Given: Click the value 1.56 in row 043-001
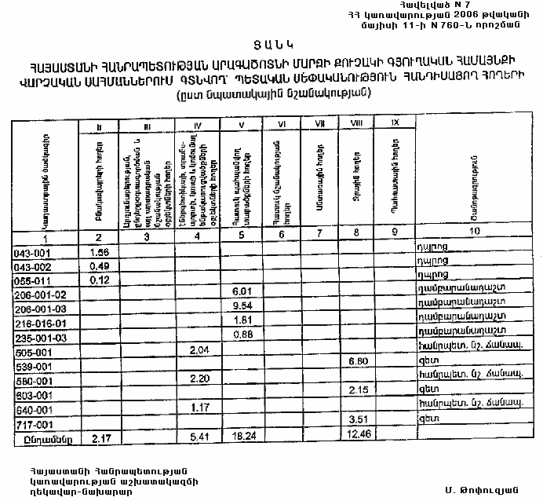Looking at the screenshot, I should coord(99,253).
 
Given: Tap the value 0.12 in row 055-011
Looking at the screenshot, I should coord(99,280).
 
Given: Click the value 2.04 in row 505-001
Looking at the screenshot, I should coord(201,349).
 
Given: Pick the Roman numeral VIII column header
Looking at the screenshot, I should coord(357,123).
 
